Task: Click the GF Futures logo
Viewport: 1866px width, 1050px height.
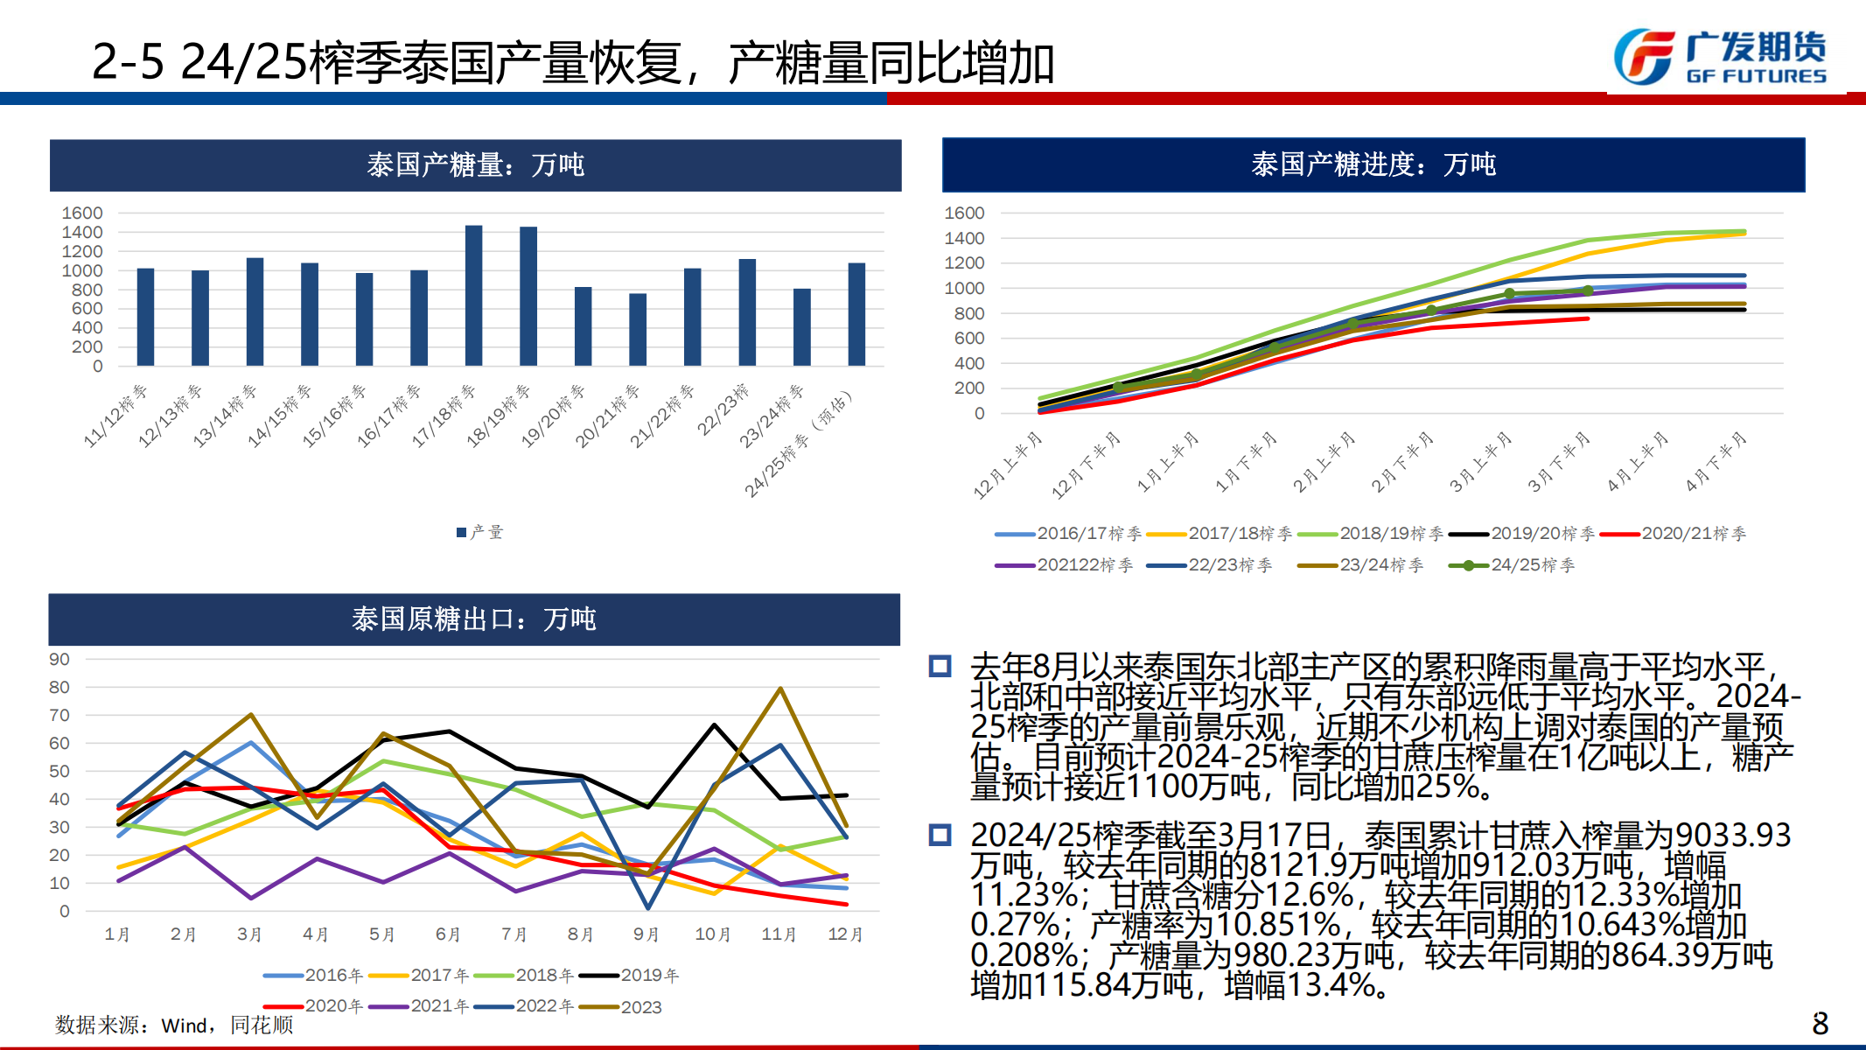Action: (x=1719, y=58)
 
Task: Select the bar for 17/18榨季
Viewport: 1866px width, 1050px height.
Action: (x=473, y=295)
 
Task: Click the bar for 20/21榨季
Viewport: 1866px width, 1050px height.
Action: (x=638, y=329)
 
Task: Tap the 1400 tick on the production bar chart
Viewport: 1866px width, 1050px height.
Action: (x=82, y=232)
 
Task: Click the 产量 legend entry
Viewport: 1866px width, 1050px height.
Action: (x=480, y=532)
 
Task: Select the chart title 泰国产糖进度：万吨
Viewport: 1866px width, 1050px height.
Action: (x=1373, y=164)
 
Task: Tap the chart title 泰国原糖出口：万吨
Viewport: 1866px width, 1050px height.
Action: (x=473, y=619)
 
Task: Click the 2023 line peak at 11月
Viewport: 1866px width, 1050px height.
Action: (x=779, y=689)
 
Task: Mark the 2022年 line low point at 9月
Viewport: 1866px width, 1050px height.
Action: (x=647, y=907)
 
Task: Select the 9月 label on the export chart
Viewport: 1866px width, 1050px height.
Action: (x=646, y=934)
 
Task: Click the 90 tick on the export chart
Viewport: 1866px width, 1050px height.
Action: (x=59, y=660)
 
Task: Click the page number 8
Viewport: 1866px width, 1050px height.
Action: (x=1820, y=1023)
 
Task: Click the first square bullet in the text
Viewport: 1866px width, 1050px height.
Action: (x=940, y=667)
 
